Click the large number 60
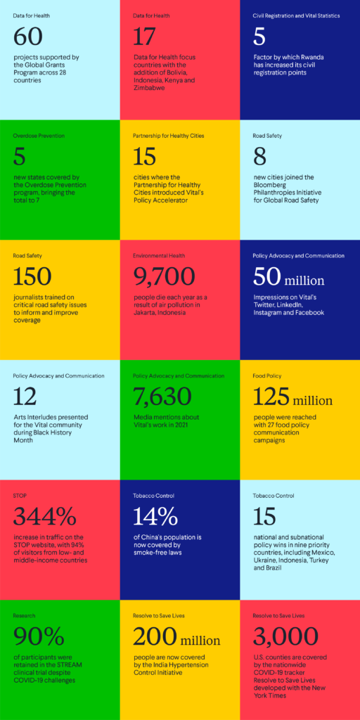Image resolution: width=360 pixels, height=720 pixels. [28, 37]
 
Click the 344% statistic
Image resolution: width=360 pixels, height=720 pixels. [44, 517]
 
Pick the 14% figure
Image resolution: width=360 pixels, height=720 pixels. [155, 517]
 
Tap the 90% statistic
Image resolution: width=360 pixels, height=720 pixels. [39, 636]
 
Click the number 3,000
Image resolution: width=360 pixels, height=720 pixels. [285, 636]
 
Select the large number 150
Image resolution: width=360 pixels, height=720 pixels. [32, 277]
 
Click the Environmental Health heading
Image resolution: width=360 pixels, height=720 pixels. [159, 256]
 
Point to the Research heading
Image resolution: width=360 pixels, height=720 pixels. [24, 615]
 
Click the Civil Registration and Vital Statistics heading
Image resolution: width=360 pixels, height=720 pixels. [296, 15]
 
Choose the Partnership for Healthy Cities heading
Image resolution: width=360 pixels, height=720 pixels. [169, 136]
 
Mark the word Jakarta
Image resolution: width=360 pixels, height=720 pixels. [146, 313]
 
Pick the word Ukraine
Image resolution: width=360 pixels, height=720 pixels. [266, 560]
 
